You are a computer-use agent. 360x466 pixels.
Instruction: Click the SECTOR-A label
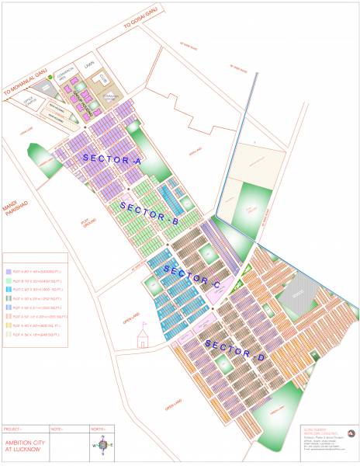click(x=111, y=158)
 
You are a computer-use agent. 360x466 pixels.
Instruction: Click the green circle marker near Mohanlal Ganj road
click(x=50, y=78)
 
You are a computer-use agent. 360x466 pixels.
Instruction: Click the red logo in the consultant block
click(x=350, y=433)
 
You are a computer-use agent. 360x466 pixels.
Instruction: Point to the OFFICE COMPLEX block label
click(x=29, y=99)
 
